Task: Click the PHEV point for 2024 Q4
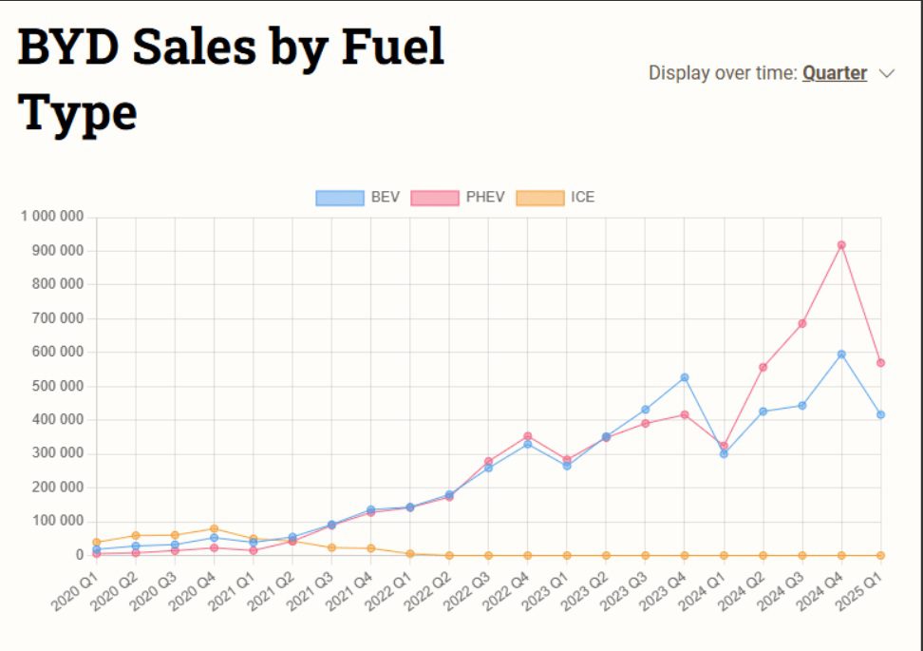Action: point(841,245)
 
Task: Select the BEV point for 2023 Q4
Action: point(685,377)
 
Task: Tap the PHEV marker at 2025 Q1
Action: point(880,363)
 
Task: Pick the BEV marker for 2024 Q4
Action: point(841,354)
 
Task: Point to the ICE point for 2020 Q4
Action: point(215,529)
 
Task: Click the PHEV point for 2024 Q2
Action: point(763,367)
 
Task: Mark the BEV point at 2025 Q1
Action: point(880,414)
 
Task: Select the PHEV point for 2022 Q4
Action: point(527,436)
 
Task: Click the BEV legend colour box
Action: point(340,198)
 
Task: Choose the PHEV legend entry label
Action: point(485,198)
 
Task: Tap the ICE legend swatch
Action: point(539,198)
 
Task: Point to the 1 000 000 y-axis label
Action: point(52,217)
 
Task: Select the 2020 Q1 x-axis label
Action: point(74,591)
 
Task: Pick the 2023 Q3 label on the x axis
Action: point(623,591)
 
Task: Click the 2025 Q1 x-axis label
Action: point(858,591)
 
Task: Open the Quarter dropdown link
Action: point(835,73)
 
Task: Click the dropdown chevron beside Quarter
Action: point(887,73)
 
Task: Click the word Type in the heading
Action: point(77,114)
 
